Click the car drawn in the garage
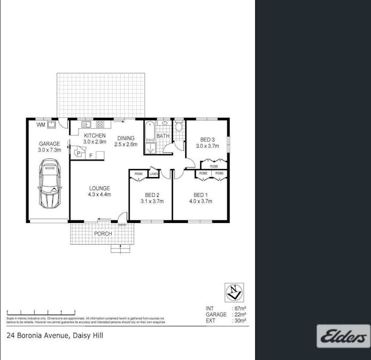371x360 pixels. click(x=49, y=186)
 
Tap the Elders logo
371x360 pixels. click(x=343, y=337)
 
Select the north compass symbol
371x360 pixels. click(x=234, y=292)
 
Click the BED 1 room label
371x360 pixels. click(x=200, y=195)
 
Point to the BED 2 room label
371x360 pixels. click(x=152, y=195)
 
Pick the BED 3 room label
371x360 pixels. click(x=208, y=139)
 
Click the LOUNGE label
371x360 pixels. click(x=99, y=188)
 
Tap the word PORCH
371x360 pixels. click(x=102, y=234)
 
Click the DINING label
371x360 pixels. click(x=127, y=138)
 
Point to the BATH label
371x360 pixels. click(x=163, y=137)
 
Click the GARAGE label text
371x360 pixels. click(x=49, y=144)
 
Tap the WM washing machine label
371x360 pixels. click(x=41, y=125)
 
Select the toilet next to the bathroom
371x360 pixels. click(x=179, y=126)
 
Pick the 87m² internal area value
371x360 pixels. click(x=239, y=309)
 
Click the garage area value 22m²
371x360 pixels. click(x=239, y=315)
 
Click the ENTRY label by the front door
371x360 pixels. click(x=122, y=225)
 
